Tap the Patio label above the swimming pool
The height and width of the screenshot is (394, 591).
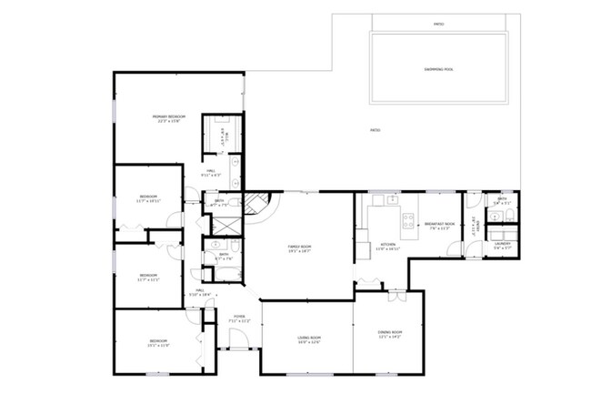(x=438, y=25)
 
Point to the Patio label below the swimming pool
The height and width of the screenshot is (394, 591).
(x=375, y=131)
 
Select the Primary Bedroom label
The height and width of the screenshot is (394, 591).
(x=168, y=118)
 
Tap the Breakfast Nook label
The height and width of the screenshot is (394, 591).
(x=438, y=227)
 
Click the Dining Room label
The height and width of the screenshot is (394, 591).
(x=389, y=335)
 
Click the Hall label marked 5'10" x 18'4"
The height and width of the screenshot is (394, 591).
(x=200, y=292)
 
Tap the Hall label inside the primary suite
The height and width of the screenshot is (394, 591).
(x=210, y=172)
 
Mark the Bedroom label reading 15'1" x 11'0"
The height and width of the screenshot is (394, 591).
(x=159, y=343)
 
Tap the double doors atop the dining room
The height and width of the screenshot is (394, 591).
(x=396, y=297)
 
